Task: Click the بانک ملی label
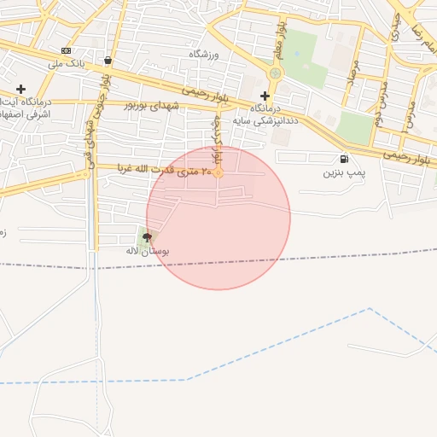click(66, 64)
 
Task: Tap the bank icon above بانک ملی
click(67, 51)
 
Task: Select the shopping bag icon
click(108, 61)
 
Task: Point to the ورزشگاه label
click(204, 54)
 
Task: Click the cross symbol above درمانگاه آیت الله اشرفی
click(20, 89)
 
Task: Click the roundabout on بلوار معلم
click(275, 73)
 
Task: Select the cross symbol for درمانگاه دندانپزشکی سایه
click(265, 96)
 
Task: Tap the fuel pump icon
click(344, 159)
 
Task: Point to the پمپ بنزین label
click(344, 172)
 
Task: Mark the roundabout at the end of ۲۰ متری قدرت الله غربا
click(218, 173)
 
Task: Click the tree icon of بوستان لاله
click(149, 238)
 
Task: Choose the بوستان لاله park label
click(149, 252)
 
